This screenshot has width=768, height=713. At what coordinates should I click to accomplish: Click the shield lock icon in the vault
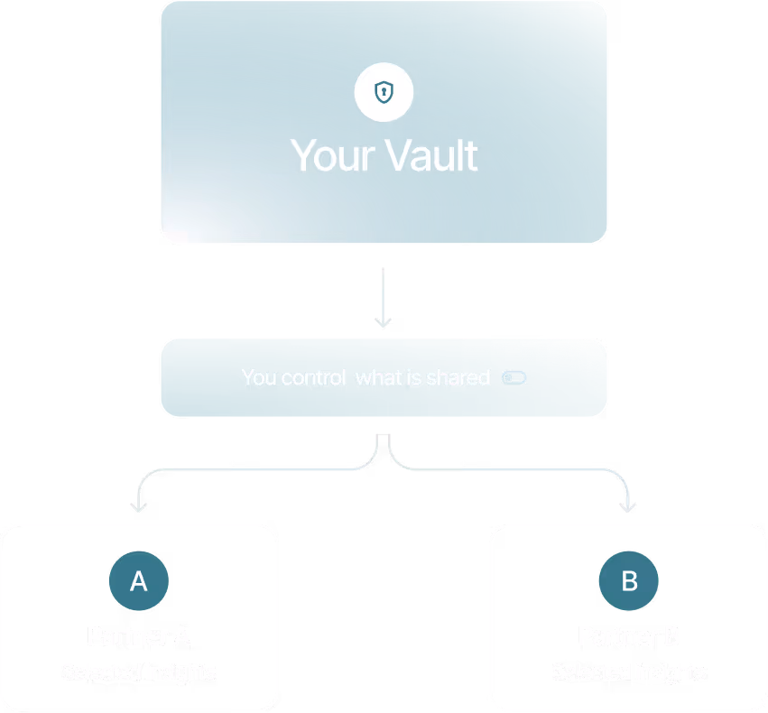(384, 92)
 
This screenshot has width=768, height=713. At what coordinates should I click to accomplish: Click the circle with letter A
(138, 581)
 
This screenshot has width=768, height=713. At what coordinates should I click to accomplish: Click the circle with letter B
(629, 581)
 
